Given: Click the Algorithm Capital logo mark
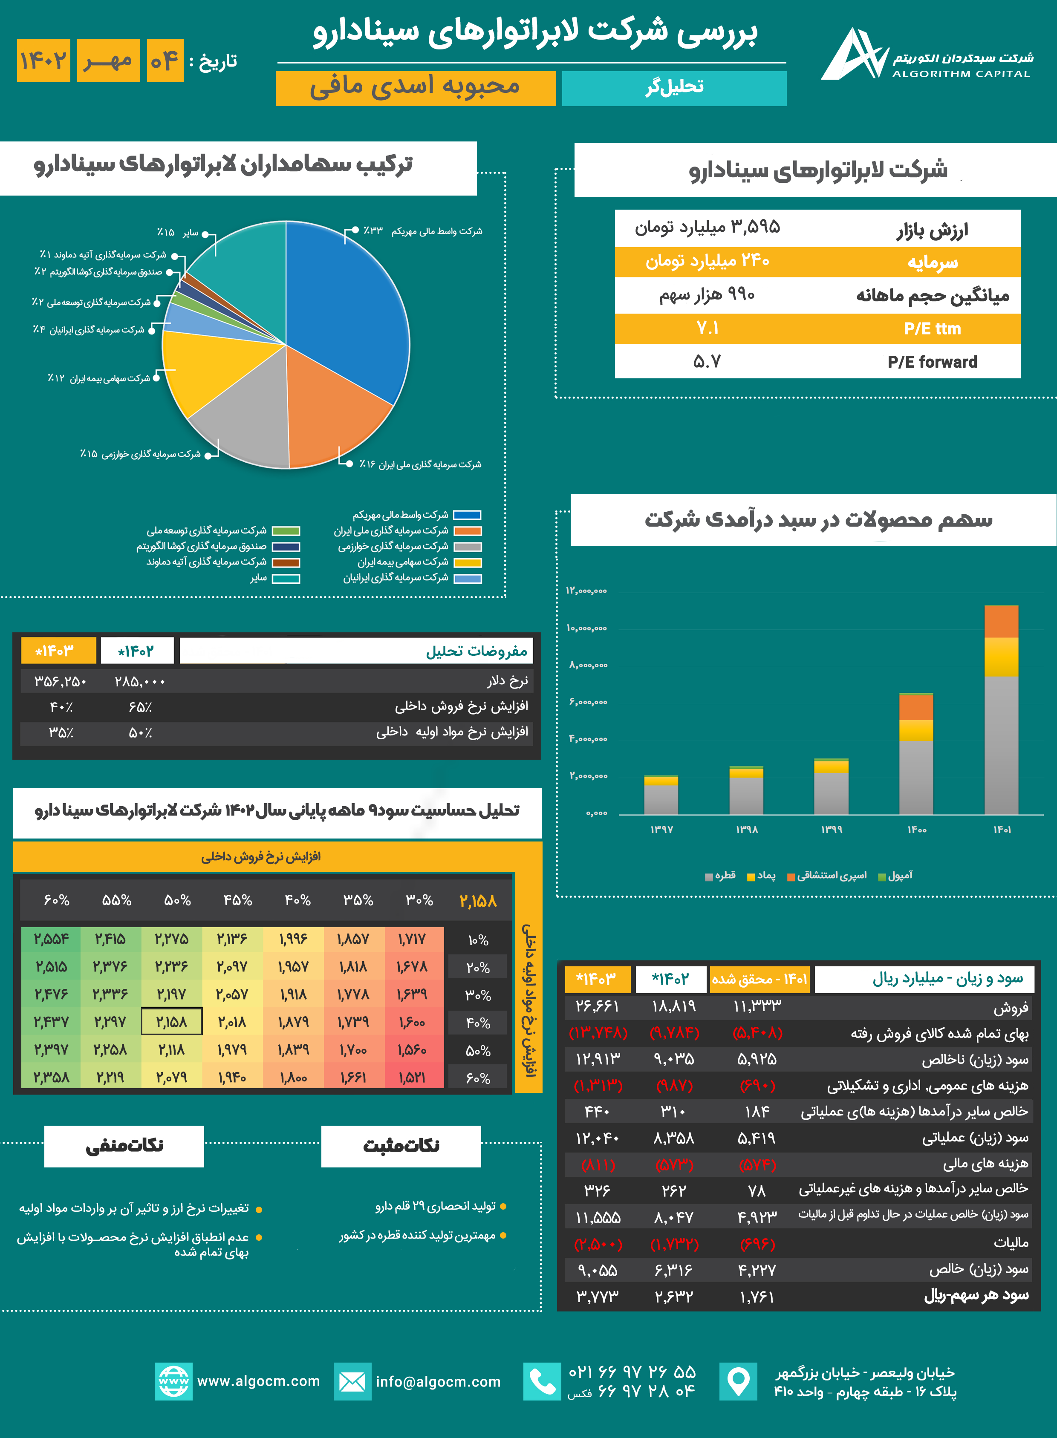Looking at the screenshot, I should point(854,55).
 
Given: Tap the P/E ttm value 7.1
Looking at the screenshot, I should point(707,328).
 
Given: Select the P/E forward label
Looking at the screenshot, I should point(932,362).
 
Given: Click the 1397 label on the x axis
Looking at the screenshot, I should point(661,830).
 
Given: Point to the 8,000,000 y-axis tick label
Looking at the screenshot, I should point(588,665).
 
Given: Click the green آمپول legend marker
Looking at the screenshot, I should point(882,877).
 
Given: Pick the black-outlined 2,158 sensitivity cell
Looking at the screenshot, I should point(171,1022).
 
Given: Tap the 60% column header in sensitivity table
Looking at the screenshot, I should point(56,900).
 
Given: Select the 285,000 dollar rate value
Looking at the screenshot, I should point(140,682).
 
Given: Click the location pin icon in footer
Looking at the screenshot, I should point(738,1381).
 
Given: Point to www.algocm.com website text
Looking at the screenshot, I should point(258,1381).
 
